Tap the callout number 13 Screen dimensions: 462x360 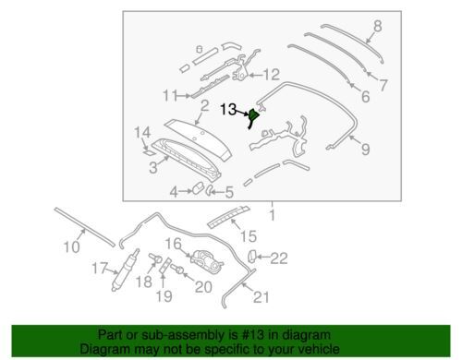[228, 109]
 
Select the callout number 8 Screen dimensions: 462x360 [378, 26]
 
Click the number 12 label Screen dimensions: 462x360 [272, 75]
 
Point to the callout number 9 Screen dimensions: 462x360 [365, 150]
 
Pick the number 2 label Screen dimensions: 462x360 [205, 105]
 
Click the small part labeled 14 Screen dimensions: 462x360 [150, 151]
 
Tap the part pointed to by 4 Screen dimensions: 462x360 [198, 187]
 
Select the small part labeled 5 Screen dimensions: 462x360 [209, 190]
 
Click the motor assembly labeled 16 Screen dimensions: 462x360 [205, 259]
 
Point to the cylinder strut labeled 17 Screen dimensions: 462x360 [126, 270]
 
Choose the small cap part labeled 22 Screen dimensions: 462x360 [251, 256]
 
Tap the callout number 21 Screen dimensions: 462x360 [261, 297]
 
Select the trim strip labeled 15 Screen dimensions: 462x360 [228, 217]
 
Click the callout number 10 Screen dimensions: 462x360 [71, 246]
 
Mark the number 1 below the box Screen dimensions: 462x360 [272, 215]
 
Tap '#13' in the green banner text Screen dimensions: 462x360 [253, 335]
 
